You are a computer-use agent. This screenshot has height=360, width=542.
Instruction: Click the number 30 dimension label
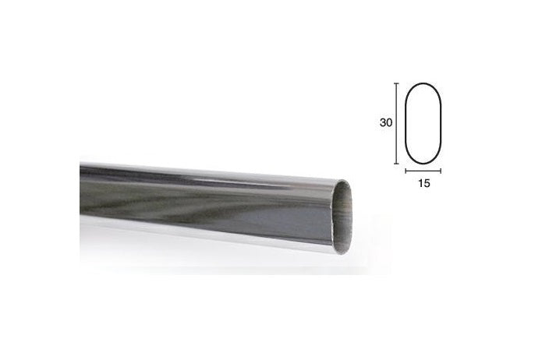pos(386,122)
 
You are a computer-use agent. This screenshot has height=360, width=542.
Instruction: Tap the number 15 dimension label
pos(424,183)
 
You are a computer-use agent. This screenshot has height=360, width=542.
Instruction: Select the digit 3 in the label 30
pos(383,122)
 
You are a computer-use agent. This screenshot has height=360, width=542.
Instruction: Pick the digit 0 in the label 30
pos(389,122)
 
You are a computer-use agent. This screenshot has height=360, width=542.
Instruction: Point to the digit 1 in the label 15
pos(420,183)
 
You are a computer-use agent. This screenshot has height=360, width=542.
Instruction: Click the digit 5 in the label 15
pos(427,183)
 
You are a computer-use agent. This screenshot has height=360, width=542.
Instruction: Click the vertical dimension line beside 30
pos(396,123)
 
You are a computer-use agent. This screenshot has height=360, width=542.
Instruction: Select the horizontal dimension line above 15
pos(423,171)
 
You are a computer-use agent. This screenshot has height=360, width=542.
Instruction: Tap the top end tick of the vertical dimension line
pos(396,83)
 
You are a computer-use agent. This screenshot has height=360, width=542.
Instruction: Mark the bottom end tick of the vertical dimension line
pos(396,164)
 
